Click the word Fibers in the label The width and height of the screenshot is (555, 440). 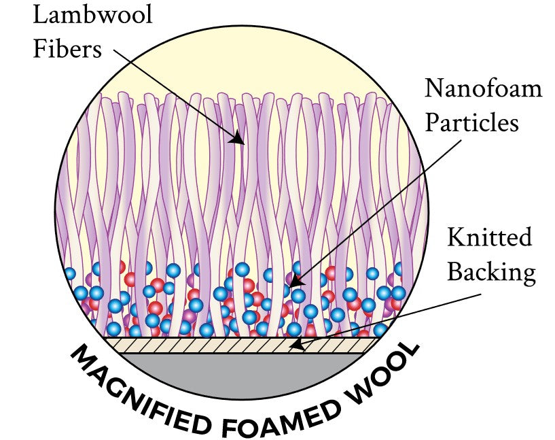coord(68,49)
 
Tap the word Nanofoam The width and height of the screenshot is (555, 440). coord(483,88)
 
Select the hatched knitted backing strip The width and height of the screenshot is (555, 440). coord(204,345)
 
